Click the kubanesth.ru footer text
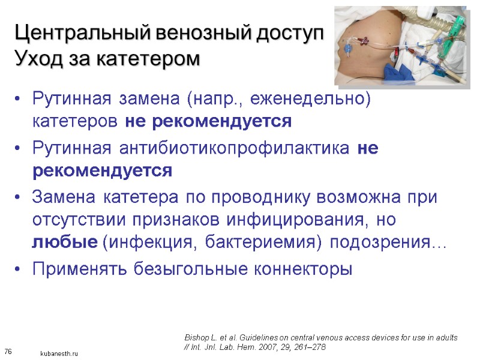pos(59,353)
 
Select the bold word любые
pos(64,243)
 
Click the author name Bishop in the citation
pos(196,337)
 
